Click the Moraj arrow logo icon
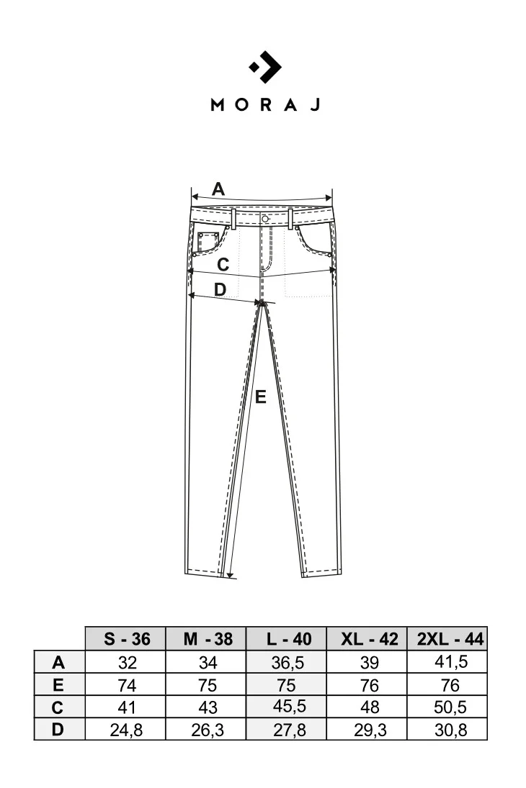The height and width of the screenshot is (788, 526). tap(265, 67)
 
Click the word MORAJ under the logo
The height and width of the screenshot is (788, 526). tap(265, 104)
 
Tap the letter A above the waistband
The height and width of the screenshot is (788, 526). tap(218, 189)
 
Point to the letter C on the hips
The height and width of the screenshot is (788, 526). tap(223, 264)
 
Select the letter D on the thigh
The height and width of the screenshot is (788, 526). tap(220, 290)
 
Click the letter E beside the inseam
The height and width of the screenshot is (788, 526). tap(260, 397)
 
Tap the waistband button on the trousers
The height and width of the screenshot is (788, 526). tap(264, 219)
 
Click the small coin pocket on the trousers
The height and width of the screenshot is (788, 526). tap(208, 241)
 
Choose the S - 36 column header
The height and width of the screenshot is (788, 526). tap(126, 639)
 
